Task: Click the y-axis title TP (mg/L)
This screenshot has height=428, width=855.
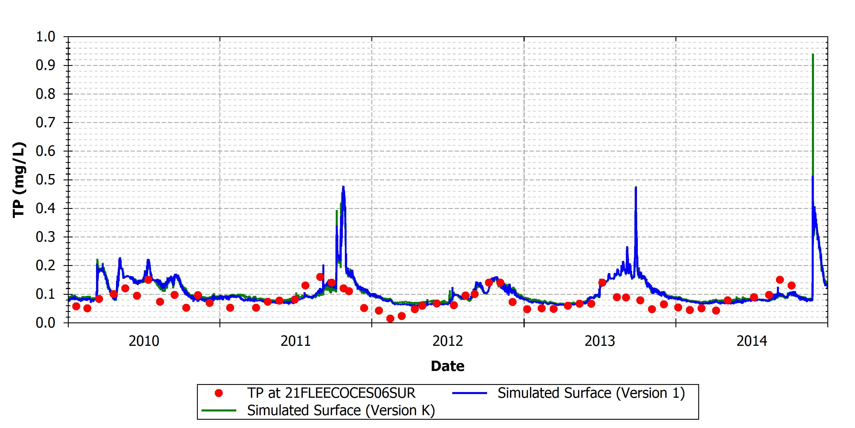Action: tap(19, 180)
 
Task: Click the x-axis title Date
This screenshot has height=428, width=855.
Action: tap(447, 366)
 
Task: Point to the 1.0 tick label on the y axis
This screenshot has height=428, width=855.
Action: tap(46, 37)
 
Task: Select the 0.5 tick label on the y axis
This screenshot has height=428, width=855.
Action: tap(46, 180)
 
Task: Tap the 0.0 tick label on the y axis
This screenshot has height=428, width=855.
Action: tap(46, 323)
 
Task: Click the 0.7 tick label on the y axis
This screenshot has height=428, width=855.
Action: tap(46, 123)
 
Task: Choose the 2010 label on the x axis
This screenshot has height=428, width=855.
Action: tap(144, 341)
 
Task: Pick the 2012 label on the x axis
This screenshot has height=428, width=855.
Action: tap(447, 341)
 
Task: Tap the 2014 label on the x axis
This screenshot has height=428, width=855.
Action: tap(752, 341)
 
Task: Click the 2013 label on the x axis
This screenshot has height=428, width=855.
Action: tap(600, 341)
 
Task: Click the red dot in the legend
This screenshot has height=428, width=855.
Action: tap(218, 393)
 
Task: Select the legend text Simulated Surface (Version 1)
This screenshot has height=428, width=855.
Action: tap(591, 393)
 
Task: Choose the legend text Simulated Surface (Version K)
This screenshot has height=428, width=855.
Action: tap(341, 410)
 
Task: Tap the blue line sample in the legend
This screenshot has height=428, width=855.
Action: tap(469, 393)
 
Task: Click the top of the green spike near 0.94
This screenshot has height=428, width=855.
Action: tap(813, 54)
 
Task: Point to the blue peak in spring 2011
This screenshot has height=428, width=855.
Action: tap(343, 186)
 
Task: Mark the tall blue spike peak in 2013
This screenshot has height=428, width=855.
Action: tap(636, 187)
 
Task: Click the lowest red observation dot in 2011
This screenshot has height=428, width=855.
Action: tap(390, 319)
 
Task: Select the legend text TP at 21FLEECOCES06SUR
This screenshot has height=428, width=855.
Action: tap(331, 393)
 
